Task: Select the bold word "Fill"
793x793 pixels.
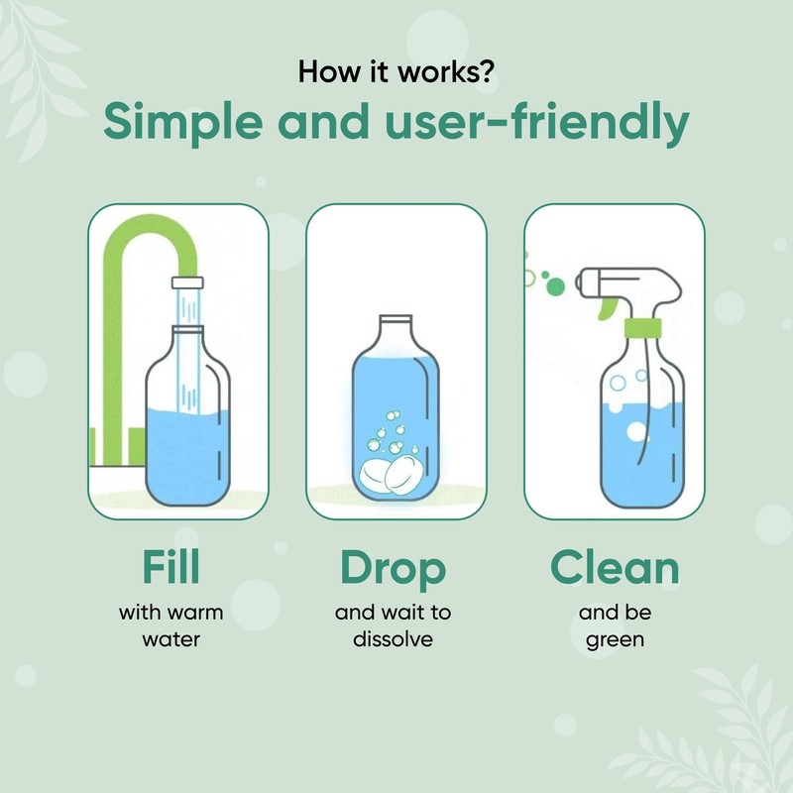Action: [170, 568]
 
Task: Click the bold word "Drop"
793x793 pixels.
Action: [394, 568]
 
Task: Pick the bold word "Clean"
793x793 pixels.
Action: [615, 568]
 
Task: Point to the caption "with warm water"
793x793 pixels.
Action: [170, 625]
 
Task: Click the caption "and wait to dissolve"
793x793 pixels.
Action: [394, 625]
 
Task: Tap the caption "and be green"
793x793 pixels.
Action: [615, 625]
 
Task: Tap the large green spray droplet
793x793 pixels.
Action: [555, 286]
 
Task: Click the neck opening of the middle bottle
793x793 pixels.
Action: [396, 318]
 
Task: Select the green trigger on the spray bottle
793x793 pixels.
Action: [606, 310]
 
